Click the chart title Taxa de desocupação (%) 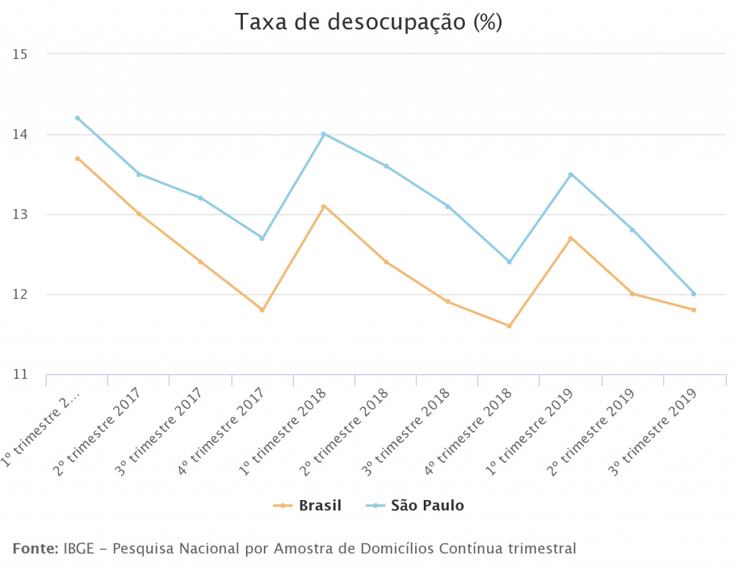368,22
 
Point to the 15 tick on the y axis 19,54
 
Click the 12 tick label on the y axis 19,295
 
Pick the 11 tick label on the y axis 19,375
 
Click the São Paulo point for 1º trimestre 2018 324,134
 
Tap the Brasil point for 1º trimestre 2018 324,206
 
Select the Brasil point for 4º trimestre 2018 509,326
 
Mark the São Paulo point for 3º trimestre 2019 693,294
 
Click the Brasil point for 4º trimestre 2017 262,310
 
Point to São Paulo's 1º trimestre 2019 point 571,174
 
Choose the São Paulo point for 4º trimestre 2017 262,238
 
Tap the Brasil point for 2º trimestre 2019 632,294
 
